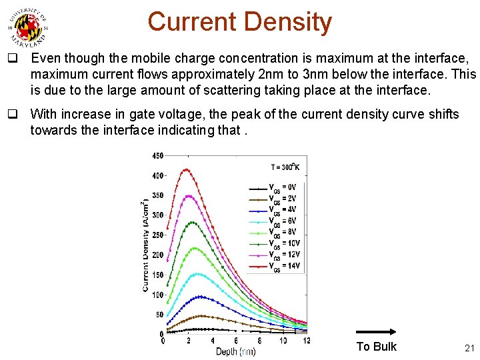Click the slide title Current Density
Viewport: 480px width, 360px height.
click(x=239, y=22)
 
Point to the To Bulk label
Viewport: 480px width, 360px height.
click(x=376, y=347)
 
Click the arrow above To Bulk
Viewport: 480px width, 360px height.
click(x=377, y=331)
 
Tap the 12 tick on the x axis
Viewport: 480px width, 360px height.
click(x=306, y=341)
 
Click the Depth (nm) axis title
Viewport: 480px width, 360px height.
click(x=235, y=351)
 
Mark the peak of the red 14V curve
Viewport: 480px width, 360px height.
click(x=187, y=169)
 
